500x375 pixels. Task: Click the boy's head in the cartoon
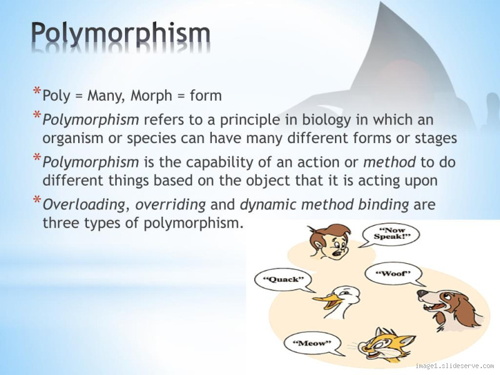point(331,241)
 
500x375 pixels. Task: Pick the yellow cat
point(382,346)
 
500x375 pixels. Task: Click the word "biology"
point(343,119)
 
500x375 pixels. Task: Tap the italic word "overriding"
point(171,204)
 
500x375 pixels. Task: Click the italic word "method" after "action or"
point(390,162)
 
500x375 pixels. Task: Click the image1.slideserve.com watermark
point(454,365)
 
